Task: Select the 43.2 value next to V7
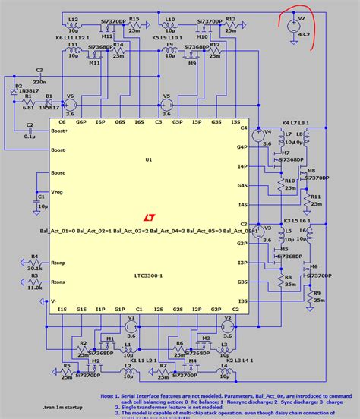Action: (x=304, y=34)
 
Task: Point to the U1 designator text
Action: (x=149, y=160)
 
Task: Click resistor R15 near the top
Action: (x=134, y=27)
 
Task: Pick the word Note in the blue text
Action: (x=109, y=396)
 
